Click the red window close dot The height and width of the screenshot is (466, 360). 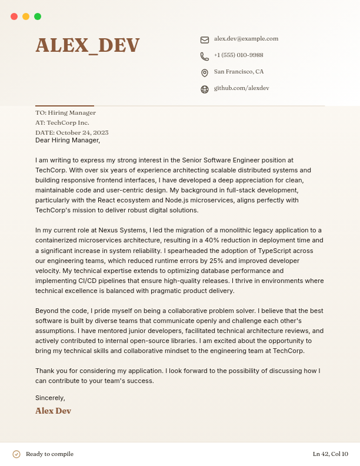point(14,16)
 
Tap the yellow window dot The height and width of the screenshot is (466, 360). point(26,16)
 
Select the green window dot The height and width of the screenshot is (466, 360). point(38,16)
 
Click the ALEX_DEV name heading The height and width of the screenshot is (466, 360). point(88,45)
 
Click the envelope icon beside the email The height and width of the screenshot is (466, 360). point(205,40)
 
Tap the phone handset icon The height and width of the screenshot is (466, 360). point(205,56)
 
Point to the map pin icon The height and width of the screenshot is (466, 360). point(205,73)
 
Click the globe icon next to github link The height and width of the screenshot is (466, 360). point(205,89)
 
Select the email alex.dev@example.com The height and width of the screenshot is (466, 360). point(246,39)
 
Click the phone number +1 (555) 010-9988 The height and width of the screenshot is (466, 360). point(238,55)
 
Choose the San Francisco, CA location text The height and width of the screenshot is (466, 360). point(238,72)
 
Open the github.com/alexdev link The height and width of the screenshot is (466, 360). point(241,88)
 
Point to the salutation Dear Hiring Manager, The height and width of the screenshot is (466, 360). point(68,141)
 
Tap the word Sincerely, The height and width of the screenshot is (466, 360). point(50,398)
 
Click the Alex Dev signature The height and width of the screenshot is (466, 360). point(53,411)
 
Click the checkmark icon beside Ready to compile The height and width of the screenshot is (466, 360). point(16,454)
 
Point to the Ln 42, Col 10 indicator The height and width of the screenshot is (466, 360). point(330,454)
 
